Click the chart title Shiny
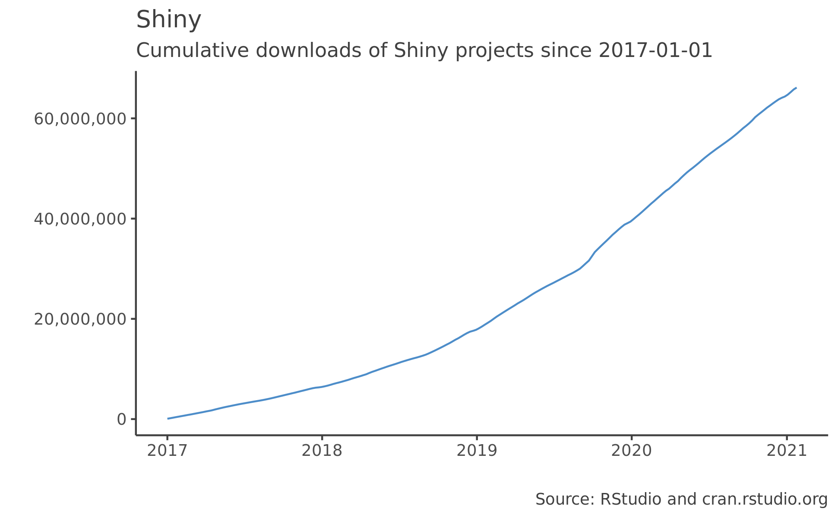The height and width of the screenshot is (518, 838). (x=168, y=20)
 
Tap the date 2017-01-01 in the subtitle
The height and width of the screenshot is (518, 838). (x=655, y=51)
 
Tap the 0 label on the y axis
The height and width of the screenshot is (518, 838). (x=121, y=419)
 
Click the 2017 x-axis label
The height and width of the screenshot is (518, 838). (x=167, y=451)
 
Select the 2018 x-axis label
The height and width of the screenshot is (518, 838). (x=322, y=451)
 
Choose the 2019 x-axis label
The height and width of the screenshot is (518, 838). (x=477, y=451)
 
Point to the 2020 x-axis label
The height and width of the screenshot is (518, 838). (x=631, y=451)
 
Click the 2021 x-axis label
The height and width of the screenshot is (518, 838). (x=786, y=451)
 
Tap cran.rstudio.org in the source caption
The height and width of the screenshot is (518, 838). (x=765, y=499)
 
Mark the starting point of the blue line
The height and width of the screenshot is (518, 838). (x=168, y=418)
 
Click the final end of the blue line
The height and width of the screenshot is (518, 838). (x=796, y=88)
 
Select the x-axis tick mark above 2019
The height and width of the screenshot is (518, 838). (x=477, y=437)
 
